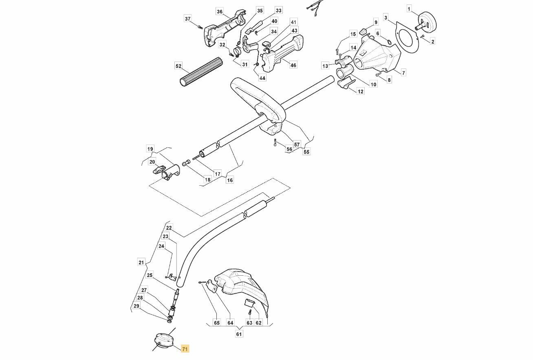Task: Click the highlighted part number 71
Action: pos(185,349)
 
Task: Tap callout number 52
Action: pos(178,66)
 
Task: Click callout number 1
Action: pos(409,9)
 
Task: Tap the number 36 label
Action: pos(220,12)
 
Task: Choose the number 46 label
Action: pos(293,65)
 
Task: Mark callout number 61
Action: pos(239,334)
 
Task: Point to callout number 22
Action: pos(169,228)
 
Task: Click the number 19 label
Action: pos(150,149)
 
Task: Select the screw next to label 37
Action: pos(200,27)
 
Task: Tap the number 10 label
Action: pos(374,84)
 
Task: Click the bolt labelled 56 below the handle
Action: pos(275,143)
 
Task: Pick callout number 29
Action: pos(136,306)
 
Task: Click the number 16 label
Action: pos(230,180)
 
